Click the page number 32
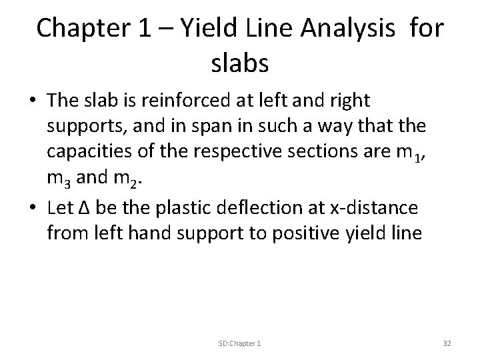coord(447,342)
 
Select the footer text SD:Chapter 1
coord(239,342)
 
